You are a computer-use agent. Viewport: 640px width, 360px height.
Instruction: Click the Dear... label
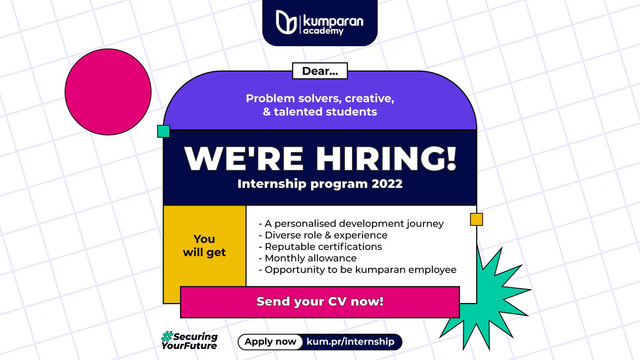(x=319, y=71)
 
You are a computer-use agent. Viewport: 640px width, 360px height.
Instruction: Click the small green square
(x=163, y=131)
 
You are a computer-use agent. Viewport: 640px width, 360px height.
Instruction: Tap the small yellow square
(x=477, y=219)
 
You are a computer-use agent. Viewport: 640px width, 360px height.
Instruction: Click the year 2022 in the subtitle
(x=382, y=185)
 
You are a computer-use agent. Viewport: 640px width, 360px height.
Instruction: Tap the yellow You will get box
(x=204, y=245)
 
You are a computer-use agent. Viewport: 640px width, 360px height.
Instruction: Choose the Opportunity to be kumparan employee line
(x=357, y=270)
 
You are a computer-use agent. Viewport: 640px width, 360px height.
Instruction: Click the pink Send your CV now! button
(x=319, y=301)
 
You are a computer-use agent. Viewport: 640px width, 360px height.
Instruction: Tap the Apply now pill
(x=271, y=342)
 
